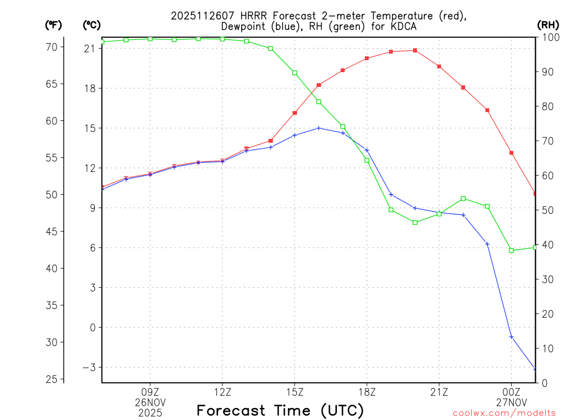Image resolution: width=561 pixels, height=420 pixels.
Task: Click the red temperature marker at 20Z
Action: click(x=415, y=50)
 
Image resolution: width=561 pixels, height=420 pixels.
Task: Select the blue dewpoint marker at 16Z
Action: click(x=319, y=128)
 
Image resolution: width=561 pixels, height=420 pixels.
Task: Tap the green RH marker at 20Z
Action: click(x=415, y=223)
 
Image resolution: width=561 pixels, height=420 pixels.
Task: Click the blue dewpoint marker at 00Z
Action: click(x=511, y=337)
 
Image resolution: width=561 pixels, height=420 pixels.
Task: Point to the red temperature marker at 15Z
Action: click(x=295, y=113)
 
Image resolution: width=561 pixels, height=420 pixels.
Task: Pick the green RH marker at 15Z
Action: click(x=295, y=73)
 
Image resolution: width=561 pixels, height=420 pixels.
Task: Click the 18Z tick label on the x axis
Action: click(x=367, y=392)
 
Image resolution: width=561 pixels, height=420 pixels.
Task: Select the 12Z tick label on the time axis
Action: click(x=222, y=392)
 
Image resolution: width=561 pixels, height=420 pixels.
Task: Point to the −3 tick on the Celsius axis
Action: click(x=88, y=367)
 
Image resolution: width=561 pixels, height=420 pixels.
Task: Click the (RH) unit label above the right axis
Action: click(x=548, y=25)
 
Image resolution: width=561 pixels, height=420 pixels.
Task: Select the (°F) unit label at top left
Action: click(x=54, y=25)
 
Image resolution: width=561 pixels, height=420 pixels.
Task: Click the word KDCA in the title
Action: click(x=404, y=26)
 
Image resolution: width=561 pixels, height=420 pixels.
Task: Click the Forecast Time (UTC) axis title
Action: click(x=280, y=410)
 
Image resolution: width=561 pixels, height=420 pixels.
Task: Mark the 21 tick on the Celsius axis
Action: click(x=89, y=49)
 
